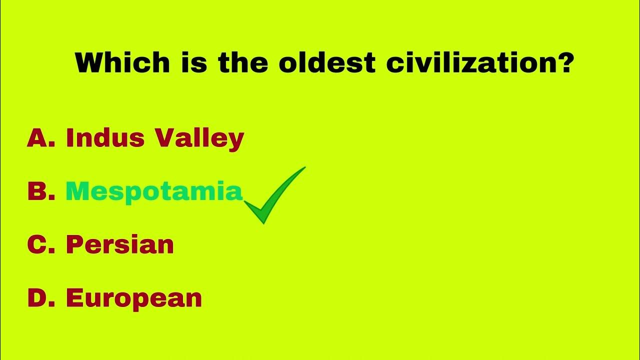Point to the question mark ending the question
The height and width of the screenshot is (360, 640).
565,63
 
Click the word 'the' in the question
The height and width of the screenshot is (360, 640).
242,63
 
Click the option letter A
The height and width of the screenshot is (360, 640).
36,138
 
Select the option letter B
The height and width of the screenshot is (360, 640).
36,192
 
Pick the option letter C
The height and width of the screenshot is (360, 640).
36,245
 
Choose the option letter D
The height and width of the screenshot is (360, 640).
37,298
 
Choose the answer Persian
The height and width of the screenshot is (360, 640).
120,245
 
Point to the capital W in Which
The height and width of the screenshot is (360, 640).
89,63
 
